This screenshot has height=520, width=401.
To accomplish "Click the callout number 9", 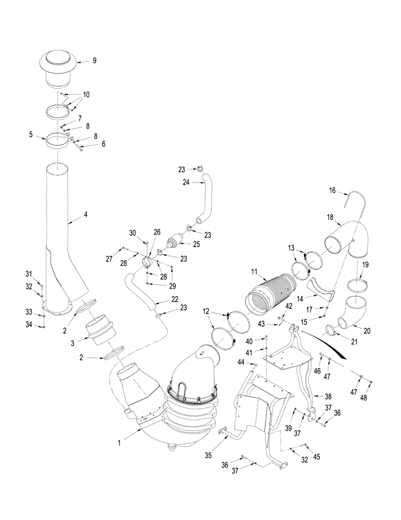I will [94, 60].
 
